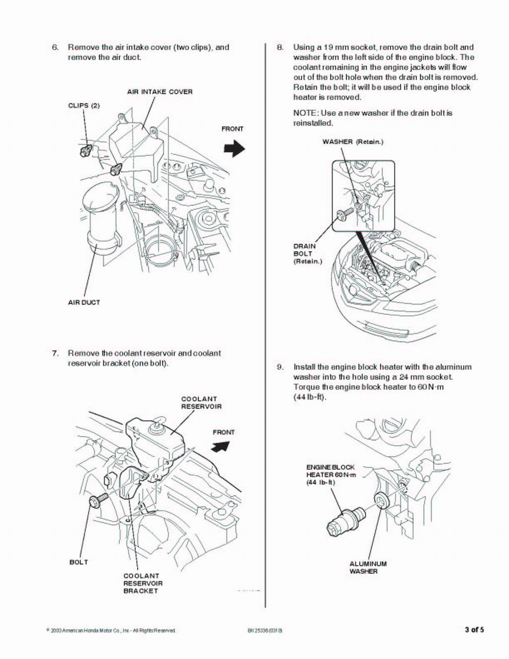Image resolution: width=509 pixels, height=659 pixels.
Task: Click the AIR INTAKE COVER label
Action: (x=160, y=92)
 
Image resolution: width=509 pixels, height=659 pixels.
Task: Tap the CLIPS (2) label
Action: (x=84, y=106)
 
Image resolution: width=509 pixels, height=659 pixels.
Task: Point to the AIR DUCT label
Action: (x=84, y=302)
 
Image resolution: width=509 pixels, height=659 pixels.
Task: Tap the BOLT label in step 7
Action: (x=79, y=562)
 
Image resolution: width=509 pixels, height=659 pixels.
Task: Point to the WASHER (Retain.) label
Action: (x=352, y=142)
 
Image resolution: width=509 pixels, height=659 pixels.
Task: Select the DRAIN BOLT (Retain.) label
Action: (x=307, y=253)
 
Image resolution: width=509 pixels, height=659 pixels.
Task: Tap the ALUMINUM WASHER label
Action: (x=368, y=567)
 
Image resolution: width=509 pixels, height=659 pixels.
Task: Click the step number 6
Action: (x=55, y=47)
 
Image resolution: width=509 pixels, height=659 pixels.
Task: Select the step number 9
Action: (x=280, y=367)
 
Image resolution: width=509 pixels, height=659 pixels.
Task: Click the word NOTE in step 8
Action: (x=304, y=113)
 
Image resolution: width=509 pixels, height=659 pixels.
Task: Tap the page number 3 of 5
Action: (x=474, y=630)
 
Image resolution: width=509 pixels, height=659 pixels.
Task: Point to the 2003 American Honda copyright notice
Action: (x=111, y=631)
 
